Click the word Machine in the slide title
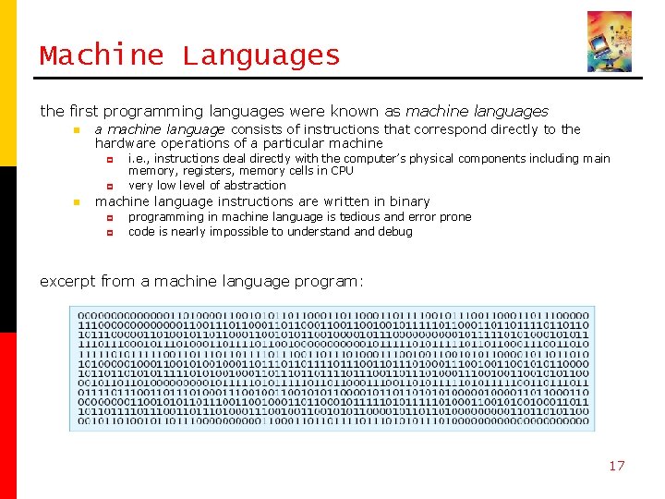click(x=101, y=55)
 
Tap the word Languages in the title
click(x=261, y=56)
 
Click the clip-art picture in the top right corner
click(x=610, y=42)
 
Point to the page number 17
click(x=616, y=465)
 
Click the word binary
click(x=409, y=201)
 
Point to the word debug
click(x=394, y=232)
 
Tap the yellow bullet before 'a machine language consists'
click(x=77, y=130)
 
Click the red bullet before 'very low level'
click(x=109, y=186)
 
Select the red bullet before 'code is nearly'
click(x=109, y=232)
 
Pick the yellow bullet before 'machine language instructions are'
click(x=77, y=202)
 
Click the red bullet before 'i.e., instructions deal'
click(x=109, y=159)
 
